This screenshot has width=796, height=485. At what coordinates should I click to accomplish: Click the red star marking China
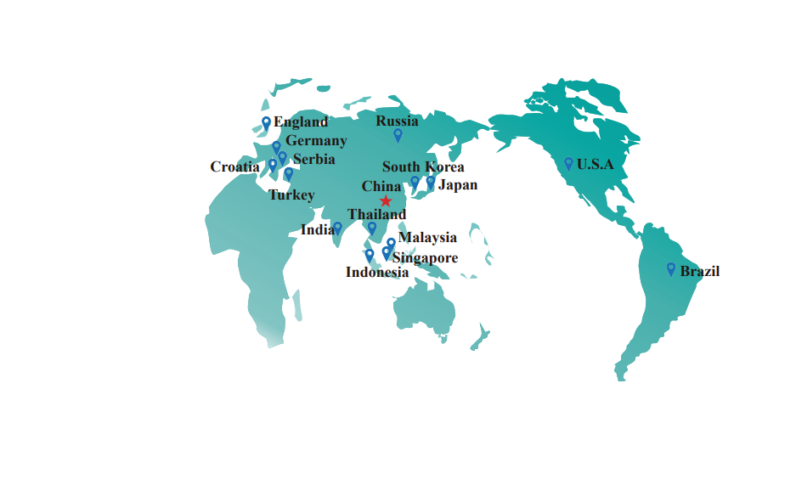point(386,200)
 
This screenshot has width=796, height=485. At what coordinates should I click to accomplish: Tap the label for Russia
point(397,121)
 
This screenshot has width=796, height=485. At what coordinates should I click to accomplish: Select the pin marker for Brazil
point(671,268)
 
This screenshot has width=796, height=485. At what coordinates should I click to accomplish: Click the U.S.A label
point(595,165)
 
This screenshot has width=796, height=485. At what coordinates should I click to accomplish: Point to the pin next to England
point(266,123)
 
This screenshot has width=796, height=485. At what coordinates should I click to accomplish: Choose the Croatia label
point(234,167)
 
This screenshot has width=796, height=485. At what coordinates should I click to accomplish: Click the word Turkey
point(291,195)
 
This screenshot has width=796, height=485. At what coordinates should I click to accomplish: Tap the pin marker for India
point(337,228)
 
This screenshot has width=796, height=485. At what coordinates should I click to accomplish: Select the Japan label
point(457,185)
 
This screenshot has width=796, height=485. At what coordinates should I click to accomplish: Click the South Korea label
point(423,167)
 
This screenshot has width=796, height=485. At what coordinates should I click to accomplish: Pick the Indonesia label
point(376,273)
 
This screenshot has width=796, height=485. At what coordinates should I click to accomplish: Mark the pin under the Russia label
point(398,134)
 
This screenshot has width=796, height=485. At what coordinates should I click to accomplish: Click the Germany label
point(316,141)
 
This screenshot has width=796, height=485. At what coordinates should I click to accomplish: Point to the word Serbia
point(313,159)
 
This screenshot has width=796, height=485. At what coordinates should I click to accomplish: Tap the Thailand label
point(377,214)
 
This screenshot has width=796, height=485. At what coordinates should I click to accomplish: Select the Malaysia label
point(427,238)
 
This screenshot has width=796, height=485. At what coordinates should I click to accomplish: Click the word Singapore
point(425,258)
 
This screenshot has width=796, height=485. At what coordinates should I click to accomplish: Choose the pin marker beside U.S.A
point(568,163)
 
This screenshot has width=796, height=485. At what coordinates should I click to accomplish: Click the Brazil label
point(700,272)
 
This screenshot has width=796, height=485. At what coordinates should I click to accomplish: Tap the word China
point(381,187)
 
